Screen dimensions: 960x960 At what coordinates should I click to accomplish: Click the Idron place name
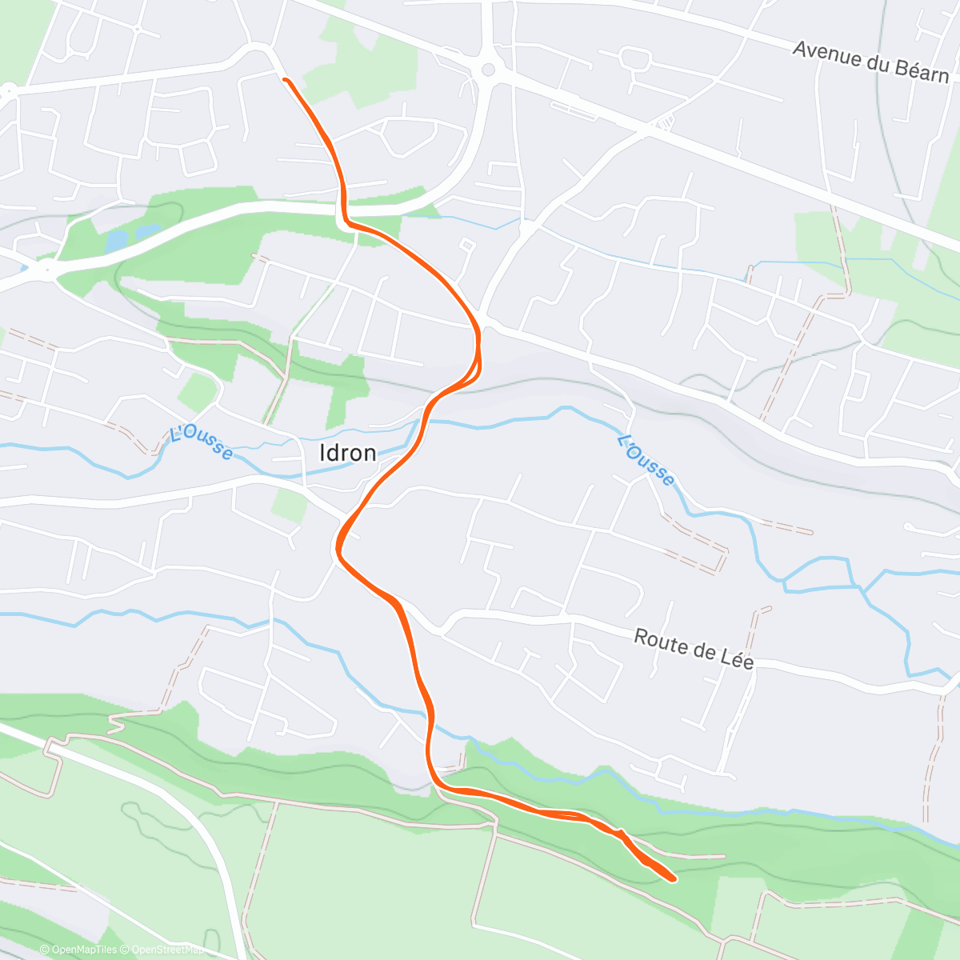point(347,453)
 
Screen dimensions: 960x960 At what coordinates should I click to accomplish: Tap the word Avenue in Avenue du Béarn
point(826,54)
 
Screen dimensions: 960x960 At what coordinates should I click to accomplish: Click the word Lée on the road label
point(738,659)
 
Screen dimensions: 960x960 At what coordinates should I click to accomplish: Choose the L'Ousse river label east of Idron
point(646,460)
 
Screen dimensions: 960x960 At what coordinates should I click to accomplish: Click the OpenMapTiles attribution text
point(84,950)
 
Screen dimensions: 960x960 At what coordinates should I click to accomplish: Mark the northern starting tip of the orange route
point(285,79)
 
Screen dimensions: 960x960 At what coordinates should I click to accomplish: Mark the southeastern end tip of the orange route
point(674,879)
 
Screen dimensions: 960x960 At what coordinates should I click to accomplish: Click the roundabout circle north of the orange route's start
point(486,70)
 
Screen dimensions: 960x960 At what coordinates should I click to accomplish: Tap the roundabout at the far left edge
point(9,93)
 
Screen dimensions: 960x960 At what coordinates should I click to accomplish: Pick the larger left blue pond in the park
point(117,239)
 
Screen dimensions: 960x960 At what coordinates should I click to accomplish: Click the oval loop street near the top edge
point(634,57)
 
